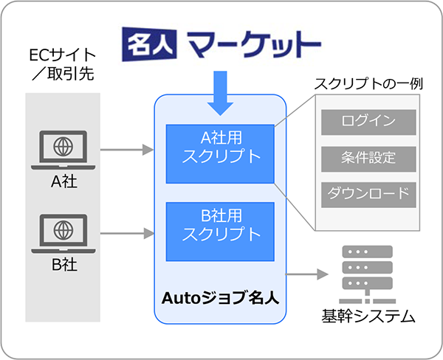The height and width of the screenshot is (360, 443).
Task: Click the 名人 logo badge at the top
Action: tap(149, 44)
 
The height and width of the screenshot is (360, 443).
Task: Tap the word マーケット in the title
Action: tap(254, 44)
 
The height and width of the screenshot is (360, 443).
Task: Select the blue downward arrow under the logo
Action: tap(220, 93)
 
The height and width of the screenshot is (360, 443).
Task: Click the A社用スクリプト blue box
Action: tap(220, 154)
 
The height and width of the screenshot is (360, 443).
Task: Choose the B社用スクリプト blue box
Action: tap(220, 232)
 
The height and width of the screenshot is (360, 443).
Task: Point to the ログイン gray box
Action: tap(368, 122)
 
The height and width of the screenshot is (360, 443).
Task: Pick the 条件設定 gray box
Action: tap(368, 159)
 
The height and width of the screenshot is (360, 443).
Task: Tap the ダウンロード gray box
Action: tap(368, 195)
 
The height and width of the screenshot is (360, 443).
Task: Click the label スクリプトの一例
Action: tap(368, 83)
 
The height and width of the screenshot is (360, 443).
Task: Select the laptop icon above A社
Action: tap(63, 150)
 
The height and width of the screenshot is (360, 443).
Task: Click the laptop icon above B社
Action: tap(63, 234)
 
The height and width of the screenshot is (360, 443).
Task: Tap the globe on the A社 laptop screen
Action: tap(63, 147)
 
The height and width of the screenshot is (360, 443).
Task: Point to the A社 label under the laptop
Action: tap(63, 181)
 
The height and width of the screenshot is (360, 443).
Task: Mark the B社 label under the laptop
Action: tap(64, 265)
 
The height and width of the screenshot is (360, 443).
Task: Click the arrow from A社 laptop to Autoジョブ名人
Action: tap(127, 150)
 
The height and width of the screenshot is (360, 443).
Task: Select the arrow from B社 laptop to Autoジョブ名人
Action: tap(127, 234)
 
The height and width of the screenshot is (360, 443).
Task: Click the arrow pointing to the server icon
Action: tap(307, 274)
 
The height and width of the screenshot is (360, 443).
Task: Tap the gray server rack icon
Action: tap(367, 274)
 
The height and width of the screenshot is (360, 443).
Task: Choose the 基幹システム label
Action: tap(368, 316)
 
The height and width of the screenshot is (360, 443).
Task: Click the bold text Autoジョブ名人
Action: tap(220, 298)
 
